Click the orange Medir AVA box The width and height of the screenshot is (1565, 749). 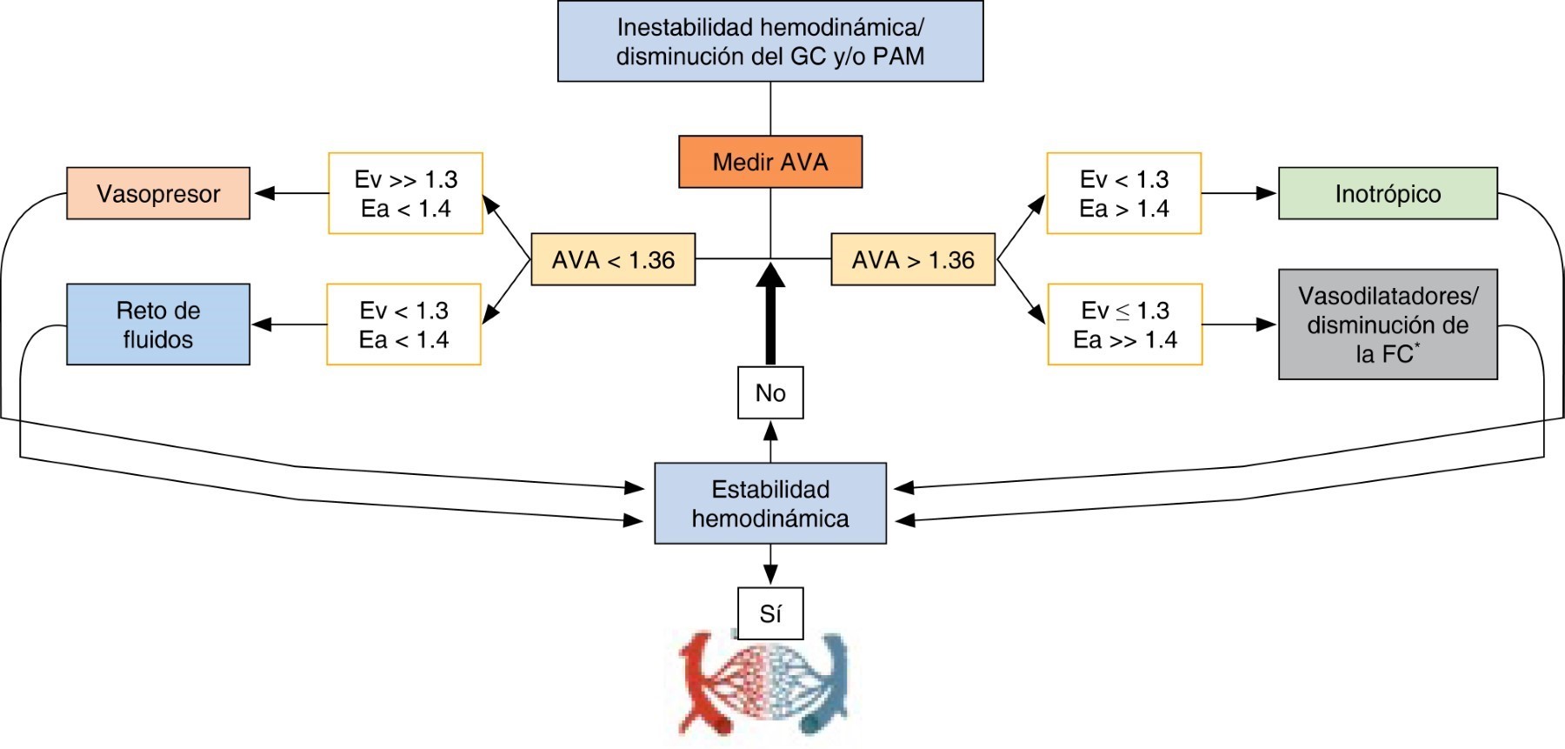click(x=770, y=162)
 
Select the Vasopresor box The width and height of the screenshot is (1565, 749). click(x=158, y=193)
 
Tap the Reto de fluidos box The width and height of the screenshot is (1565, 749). click(x=158, y=324)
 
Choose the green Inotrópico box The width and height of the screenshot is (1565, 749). click(x=1388, y=193)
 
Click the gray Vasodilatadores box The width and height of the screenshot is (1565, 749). click(x=1388, y=324)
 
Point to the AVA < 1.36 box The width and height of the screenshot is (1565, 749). click(x=613, y=259)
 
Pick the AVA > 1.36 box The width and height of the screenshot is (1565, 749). click(x=913, y=259)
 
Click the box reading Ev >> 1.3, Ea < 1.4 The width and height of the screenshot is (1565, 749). click(x=405, y=193)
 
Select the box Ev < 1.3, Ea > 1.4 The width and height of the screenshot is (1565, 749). click(x=1123, y=193)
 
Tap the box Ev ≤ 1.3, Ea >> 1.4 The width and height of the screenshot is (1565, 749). click(x=1124, y=324)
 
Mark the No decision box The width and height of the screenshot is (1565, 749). click(x=770, y=393)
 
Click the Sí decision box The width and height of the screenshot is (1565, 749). click(x=770, y=613)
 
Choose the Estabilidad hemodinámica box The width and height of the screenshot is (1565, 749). click(x=770, y=504)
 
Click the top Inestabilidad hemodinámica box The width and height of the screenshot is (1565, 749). click(x=770, y=42)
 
